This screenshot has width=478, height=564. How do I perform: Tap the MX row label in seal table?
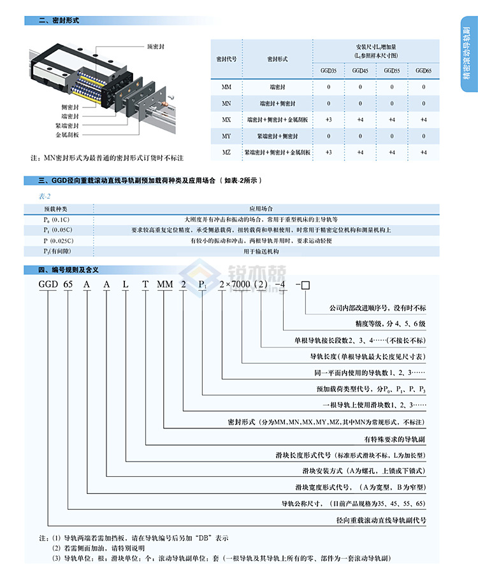tap(226, 119)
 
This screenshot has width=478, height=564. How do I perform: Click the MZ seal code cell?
tap(226, 152)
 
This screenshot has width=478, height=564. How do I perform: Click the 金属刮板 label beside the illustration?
tap(67, 135)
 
